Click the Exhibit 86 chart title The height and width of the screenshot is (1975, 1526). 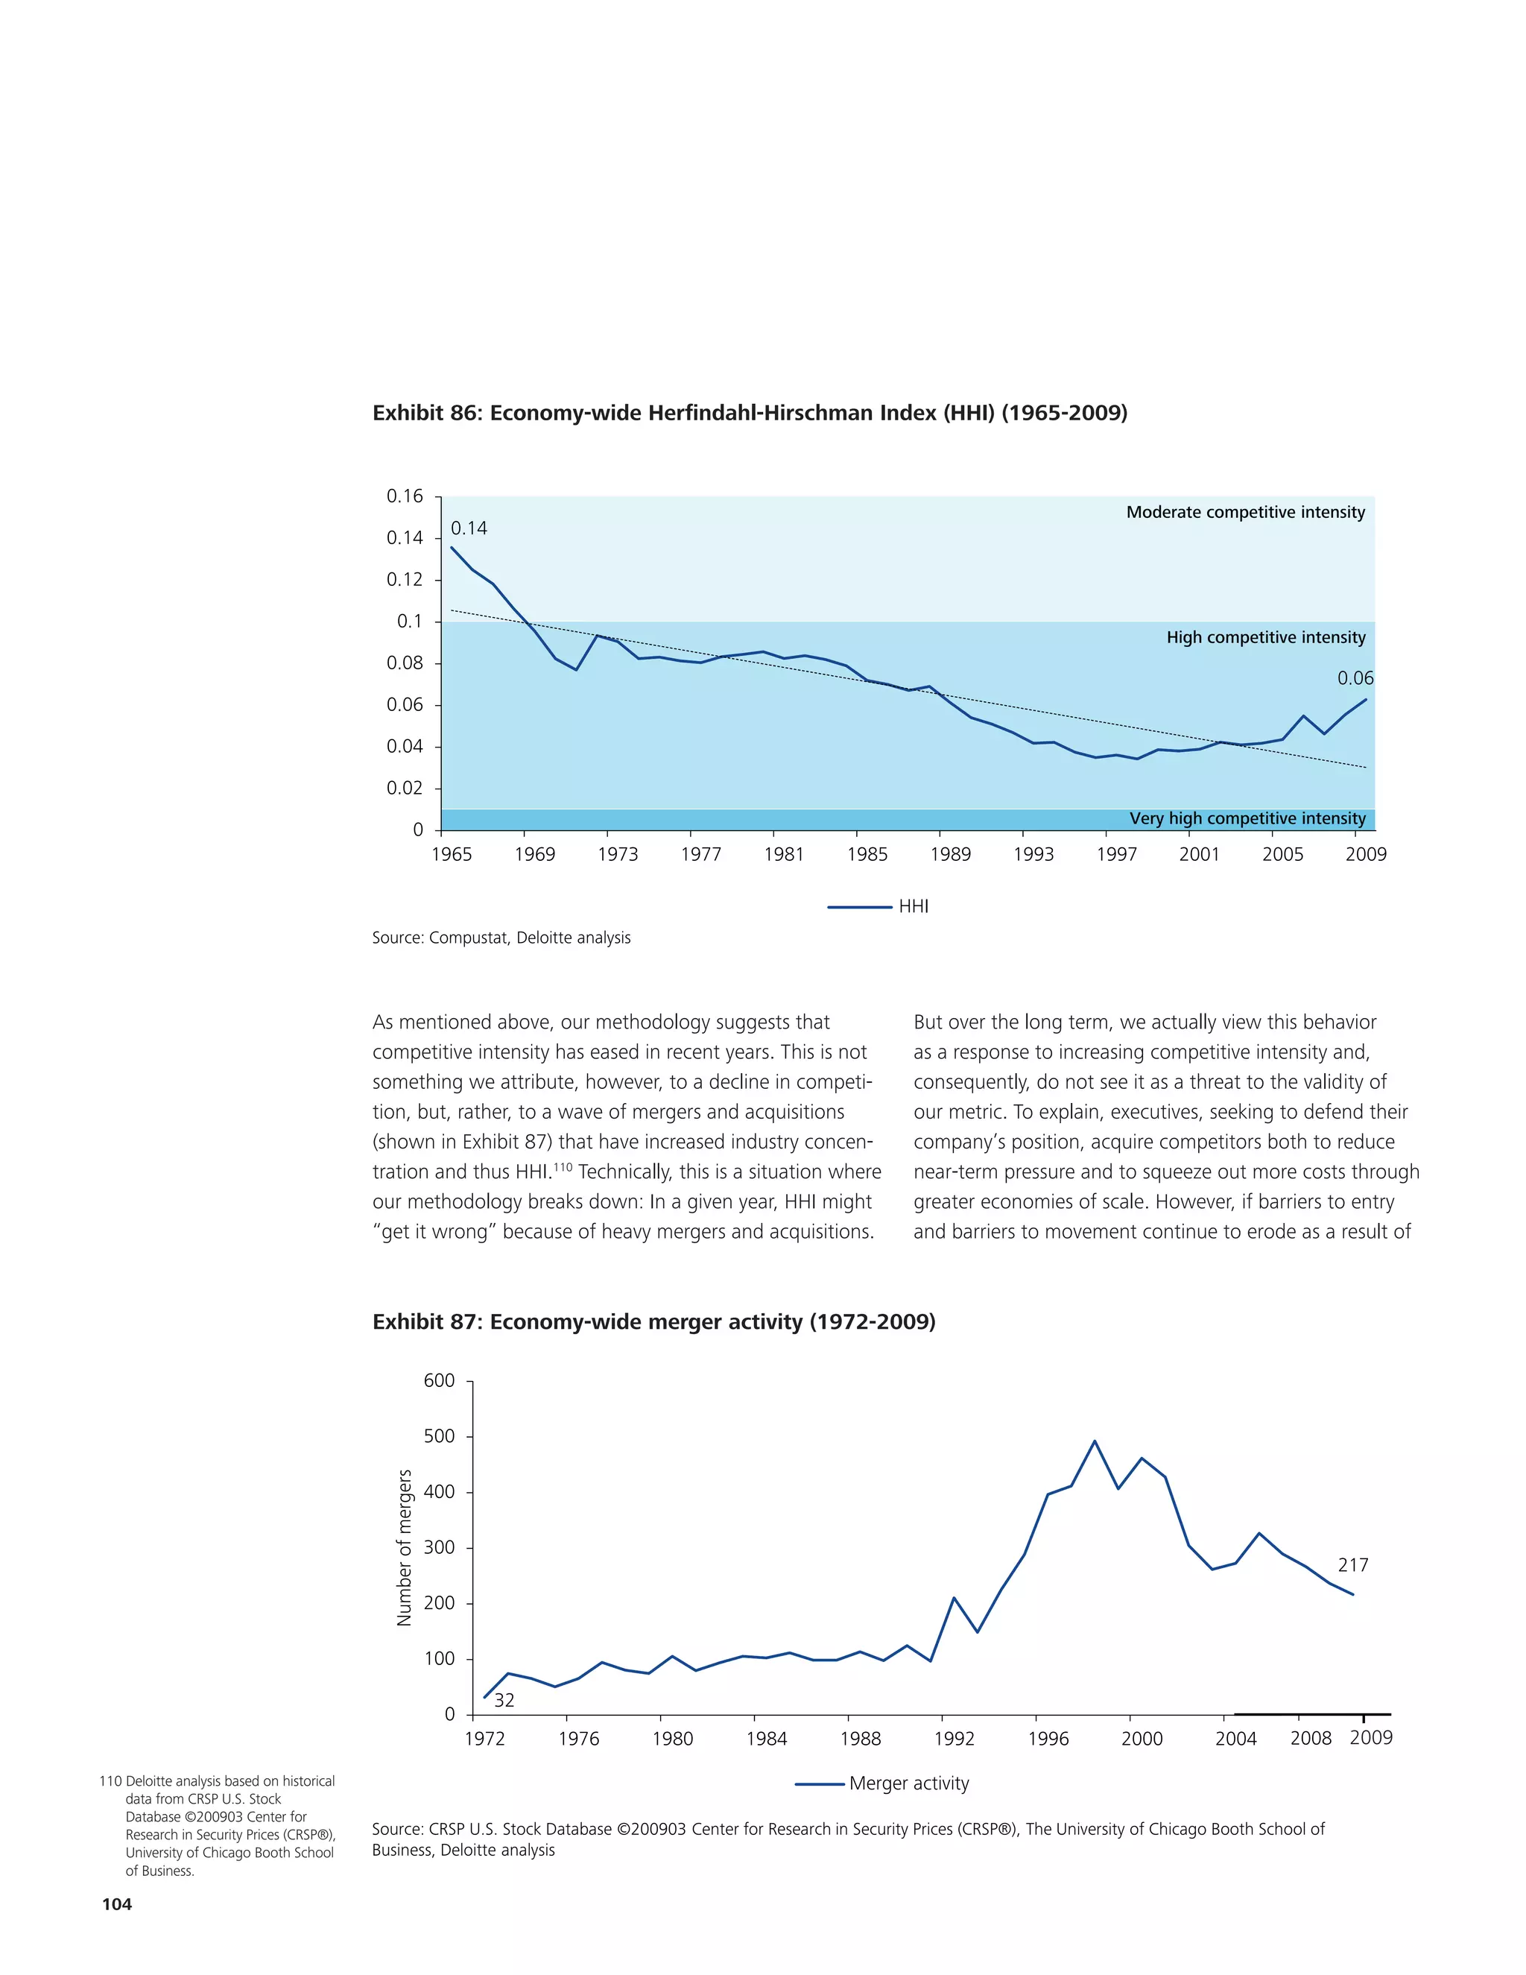point(750,414)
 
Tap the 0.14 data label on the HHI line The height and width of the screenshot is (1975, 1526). point(468,528)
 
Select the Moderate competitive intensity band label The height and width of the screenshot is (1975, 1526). point(1245,512)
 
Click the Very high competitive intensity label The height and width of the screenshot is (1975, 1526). point(1247,818)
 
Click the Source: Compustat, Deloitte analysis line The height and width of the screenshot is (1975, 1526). point(501,938)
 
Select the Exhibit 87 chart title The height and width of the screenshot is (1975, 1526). point(653,1322)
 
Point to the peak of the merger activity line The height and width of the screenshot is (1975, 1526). point(1094,1441)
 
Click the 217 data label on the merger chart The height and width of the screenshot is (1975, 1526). point(1352,1565)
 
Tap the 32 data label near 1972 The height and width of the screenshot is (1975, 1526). point(504,1700)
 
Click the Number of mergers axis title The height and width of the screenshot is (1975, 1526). point(404,1547)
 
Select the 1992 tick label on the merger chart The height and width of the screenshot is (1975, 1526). point(954,1739)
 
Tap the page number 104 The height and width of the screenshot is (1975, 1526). point(117,1904)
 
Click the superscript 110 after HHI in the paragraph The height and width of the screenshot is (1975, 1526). point(563,1167)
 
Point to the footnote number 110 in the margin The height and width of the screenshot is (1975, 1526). point(110,1781)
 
